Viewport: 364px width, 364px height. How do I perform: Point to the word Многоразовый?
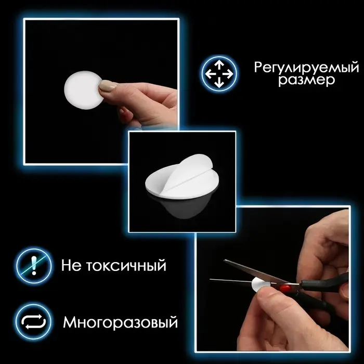[x=120, y=322]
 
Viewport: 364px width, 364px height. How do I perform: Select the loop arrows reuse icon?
[x=34, y=322]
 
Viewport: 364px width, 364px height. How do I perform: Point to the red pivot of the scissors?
[x=285, y=288]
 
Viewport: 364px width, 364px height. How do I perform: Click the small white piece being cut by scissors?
[x=258, y=283]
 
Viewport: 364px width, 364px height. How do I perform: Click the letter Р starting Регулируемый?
[x=258, y=68]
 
